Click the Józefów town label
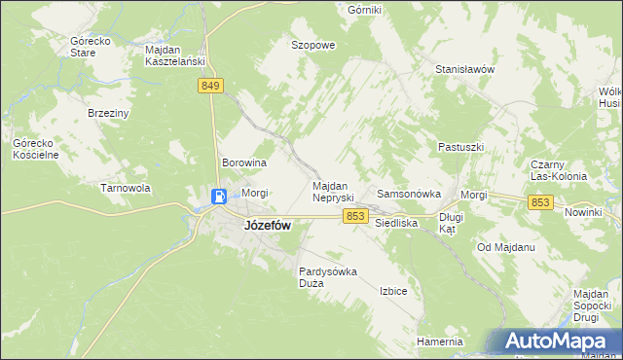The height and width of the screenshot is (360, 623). click(x=266, y=225)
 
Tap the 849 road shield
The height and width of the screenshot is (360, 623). click(x=211, y=87)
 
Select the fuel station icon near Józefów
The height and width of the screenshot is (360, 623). click(x=220, y=198)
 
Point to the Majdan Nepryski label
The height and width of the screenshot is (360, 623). click(x=338, y=191)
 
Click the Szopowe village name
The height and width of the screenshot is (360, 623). click(x=313, y=45)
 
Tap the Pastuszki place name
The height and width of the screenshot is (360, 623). click(x=460, y=147)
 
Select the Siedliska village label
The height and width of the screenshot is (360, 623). click(x=396, y=223)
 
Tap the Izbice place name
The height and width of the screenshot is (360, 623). click(x=393, y=291)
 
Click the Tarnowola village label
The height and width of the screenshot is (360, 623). click(x=125, y=188)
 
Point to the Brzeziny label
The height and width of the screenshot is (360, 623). click(x=109, y=113)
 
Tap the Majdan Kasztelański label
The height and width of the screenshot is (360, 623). click(x=173, y=54)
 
